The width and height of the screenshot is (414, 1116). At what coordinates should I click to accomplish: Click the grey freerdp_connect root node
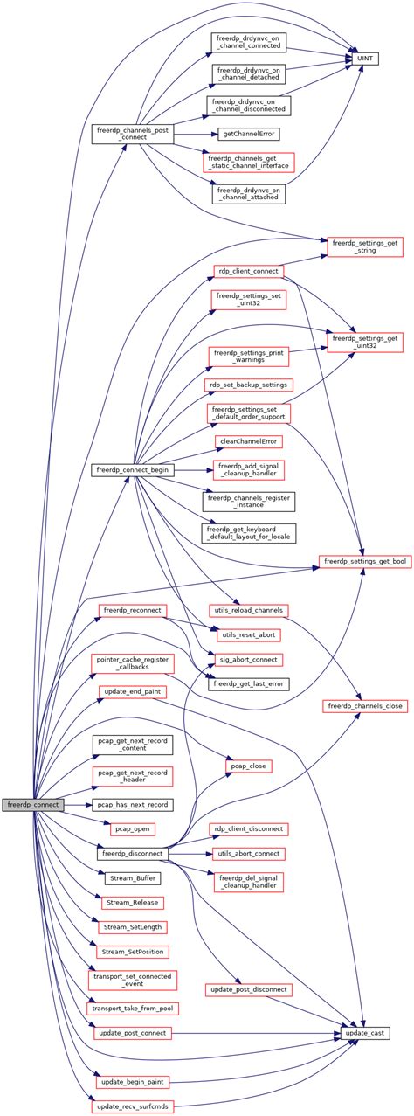[31, 803]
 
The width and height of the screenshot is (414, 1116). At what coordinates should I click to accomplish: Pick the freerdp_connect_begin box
[135, 470]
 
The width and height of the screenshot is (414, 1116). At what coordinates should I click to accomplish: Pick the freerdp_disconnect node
[135, 851]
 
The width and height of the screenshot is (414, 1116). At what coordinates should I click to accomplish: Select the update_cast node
[365, 1033]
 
